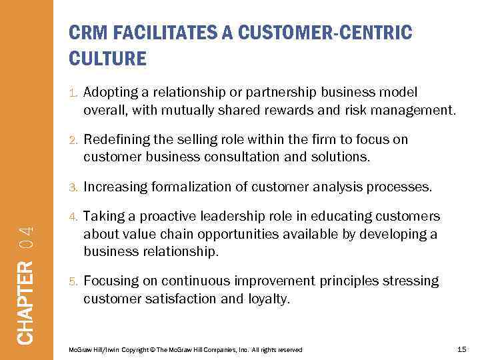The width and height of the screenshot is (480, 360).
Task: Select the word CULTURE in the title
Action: click(x=107, y=59)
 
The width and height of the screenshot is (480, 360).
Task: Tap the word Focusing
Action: click(x=110, y=281)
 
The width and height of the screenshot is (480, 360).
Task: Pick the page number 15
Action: click(x=462, y=349)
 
